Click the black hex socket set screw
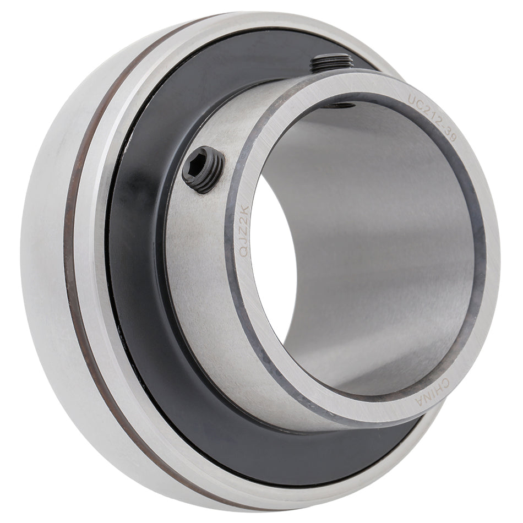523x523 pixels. coord(203,170)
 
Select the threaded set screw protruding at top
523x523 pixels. coord(332,63)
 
